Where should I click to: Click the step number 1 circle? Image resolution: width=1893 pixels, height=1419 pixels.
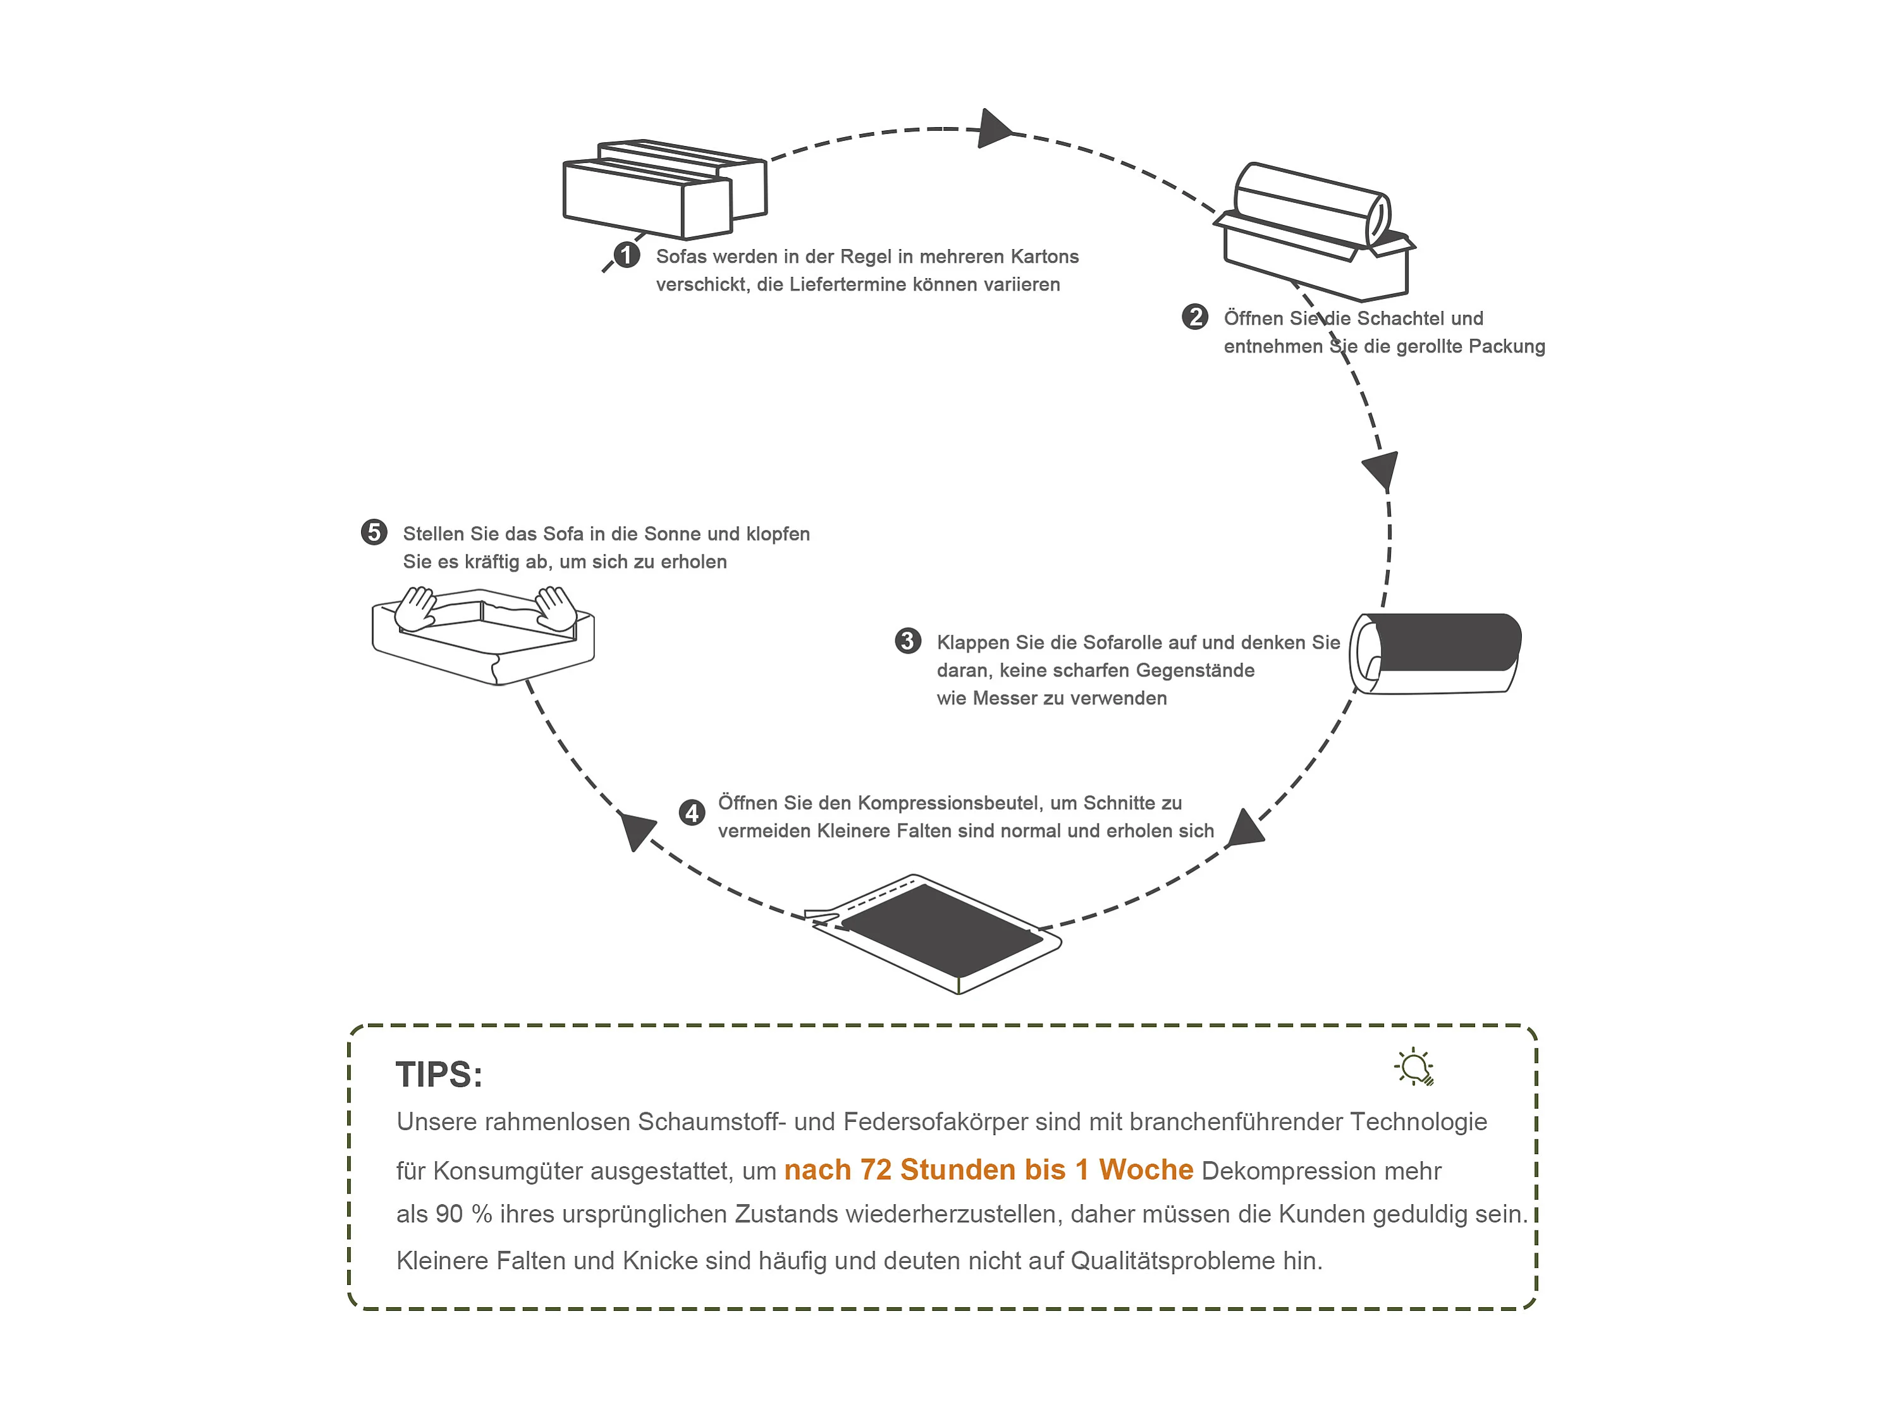(627, 255)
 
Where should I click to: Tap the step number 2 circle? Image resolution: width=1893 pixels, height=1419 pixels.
(1195, 317)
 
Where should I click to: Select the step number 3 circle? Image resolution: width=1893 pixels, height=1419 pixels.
(907, 641)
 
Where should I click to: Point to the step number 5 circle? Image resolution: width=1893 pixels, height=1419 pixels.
(374, 532)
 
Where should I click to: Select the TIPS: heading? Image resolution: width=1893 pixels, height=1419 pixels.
(439, 1075)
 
